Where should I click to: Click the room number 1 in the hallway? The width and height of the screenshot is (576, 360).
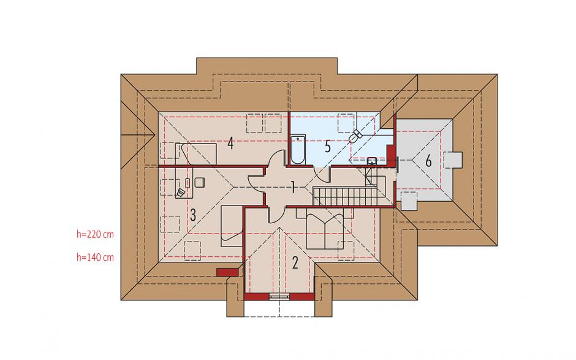[x=293, y=187]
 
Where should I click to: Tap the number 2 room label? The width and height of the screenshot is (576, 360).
[x=295, y=263]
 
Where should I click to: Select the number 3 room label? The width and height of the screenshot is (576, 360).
[x=193, y=215]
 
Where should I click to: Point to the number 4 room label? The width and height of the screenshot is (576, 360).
[x=230, y=143]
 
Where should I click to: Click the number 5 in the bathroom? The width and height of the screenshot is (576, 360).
[x=328, y=147]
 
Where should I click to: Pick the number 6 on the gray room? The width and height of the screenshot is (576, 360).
[x=428, y=161]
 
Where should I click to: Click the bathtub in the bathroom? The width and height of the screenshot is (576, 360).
[x=298, y=149]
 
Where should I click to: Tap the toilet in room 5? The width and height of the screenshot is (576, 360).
[x=355, y=136]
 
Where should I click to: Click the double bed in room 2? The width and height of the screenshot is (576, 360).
[x=325, y=229]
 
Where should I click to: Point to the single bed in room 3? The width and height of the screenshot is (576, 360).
[x=232, y=226]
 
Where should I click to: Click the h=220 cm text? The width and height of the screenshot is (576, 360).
[x=95, y=234]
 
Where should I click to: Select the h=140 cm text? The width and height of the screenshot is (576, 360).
[x=95, y=257]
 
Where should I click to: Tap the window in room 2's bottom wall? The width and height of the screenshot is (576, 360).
[x=279, y=297]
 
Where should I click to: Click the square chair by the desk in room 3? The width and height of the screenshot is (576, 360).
[x=200, y=182]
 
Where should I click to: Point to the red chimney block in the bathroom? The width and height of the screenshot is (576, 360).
[x=391, y=155]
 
